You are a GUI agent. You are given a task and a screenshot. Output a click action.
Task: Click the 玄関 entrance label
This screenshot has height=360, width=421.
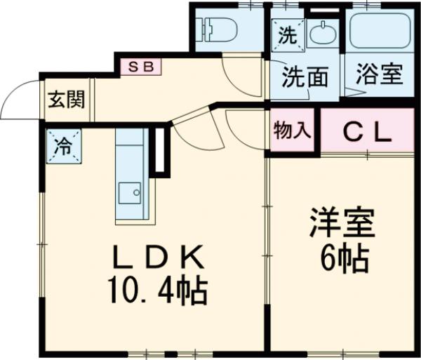pyautogui.click(x=66, y=99)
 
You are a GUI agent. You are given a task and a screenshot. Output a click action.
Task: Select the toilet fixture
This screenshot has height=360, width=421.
pyautogui.click(x=218, y=29)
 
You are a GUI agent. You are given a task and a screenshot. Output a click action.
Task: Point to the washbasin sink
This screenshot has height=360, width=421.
pyautogui.click(x=323, y=32)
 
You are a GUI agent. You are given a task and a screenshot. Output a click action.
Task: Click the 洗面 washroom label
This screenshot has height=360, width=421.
pyautogui.click(x=305, y=77)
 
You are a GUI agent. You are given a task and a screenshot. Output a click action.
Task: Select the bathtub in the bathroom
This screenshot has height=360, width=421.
pyautogui.click(x=380, y=29)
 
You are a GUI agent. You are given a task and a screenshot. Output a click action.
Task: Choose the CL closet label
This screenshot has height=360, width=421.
pyautogui.click(x=366, y=133)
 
